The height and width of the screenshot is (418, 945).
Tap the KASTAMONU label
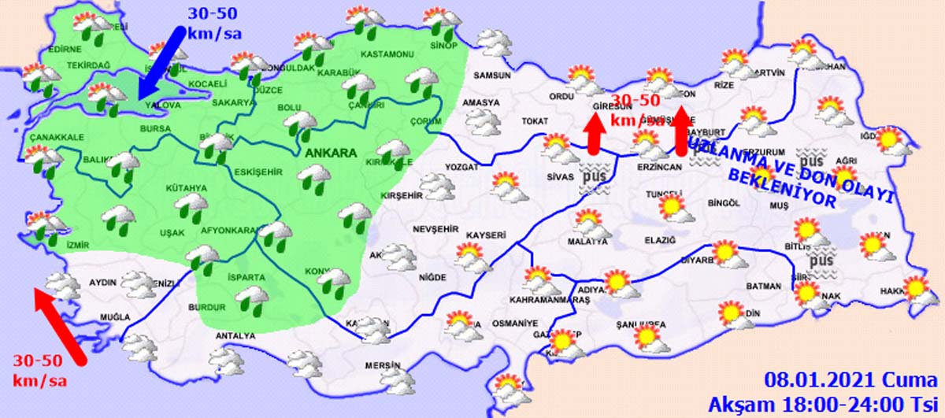point(387,54)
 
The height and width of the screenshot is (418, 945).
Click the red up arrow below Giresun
point(595,133)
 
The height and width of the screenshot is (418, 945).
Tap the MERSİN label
point(383,366)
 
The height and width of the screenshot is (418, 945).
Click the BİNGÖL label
point(724,203)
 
